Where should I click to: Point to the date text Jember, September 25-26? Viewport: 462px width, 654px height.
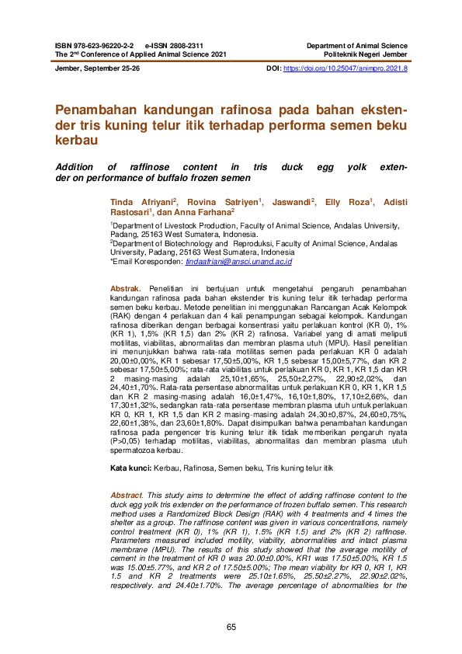click(x=97, y=69)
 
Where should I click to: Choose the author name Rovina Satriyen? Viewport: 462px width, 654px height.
click(x=223, y=200)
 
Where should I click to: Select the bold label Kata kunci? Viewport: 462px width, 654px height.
click(x=129, y=468)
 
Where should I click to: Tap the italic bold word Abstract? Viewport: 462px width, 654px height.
click(x=127, y=495)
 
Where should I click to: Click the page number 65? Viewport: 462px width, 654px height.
click(x=231, y=627)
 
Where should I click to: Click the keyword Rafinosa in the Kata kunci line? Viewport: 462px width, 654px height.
click(x=199, y=468)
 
